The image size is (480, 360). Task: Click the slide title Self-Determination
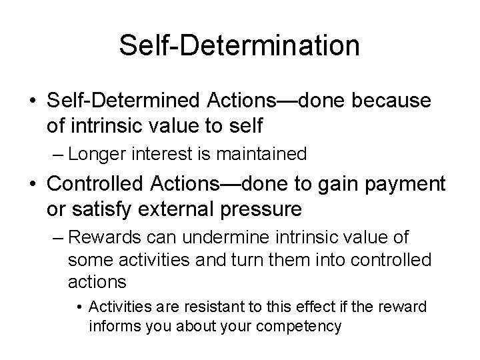(239, 45)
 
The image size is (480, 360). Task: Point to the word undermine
(201, 238)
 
